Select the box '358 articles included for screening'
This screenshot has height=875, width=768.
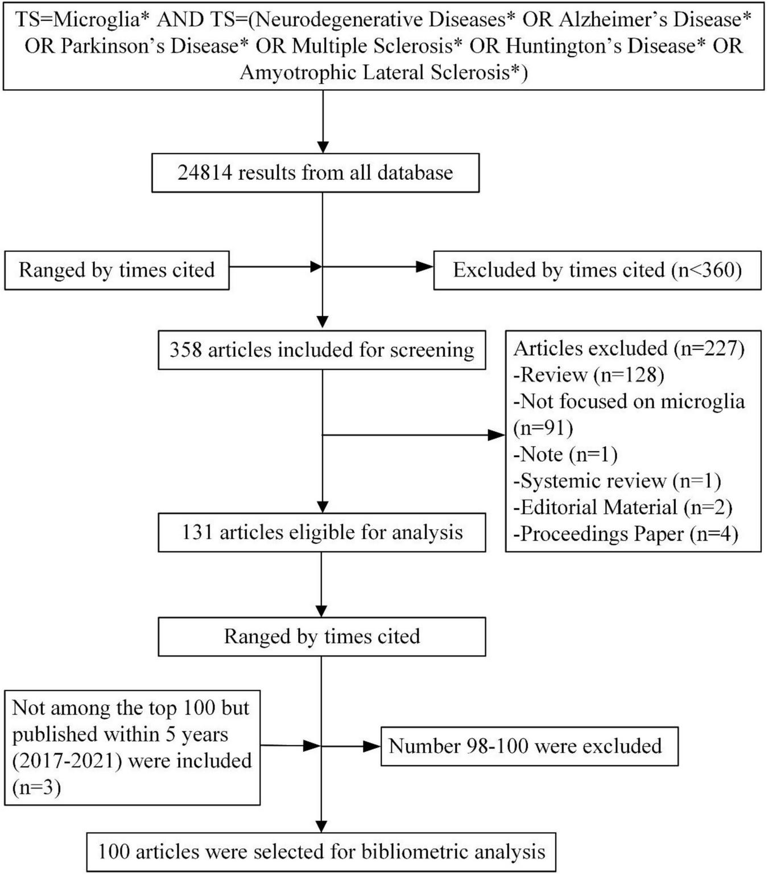[321, 350]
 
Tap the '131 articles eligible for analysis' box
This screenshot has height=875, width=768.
[321, 533]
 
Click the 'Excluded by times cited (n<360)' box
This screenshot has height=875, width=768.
[597, 270]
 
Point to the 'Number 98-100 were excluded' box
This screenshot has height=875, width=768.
[528, 746]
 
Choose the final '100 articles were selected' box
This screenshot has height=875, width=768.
[321, 852]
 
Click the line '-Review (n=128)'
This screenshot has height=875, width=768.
[589, 375]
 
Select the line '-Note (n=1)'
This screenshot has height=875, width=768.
[565, 455]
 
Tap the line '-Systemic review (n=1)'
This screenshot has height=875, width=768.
[617, 481]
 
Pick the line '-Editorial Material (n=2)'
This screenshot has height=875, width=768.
[623, 507]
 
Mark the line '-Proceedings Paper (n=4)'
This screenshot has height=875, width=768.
[626, 534]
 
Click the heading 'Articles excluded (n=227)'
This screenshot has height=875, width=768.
[629, 348]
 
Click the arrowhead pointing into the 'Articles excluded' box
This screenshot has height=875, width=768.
[497, 435]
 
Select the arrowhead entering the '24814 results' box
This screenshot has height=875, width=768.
[323, 147]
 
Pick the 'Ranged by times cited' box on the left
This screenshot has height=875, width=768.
[117, 270]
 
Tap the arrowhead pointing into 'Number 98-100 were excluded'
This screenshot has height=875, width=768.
[373, 746]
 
